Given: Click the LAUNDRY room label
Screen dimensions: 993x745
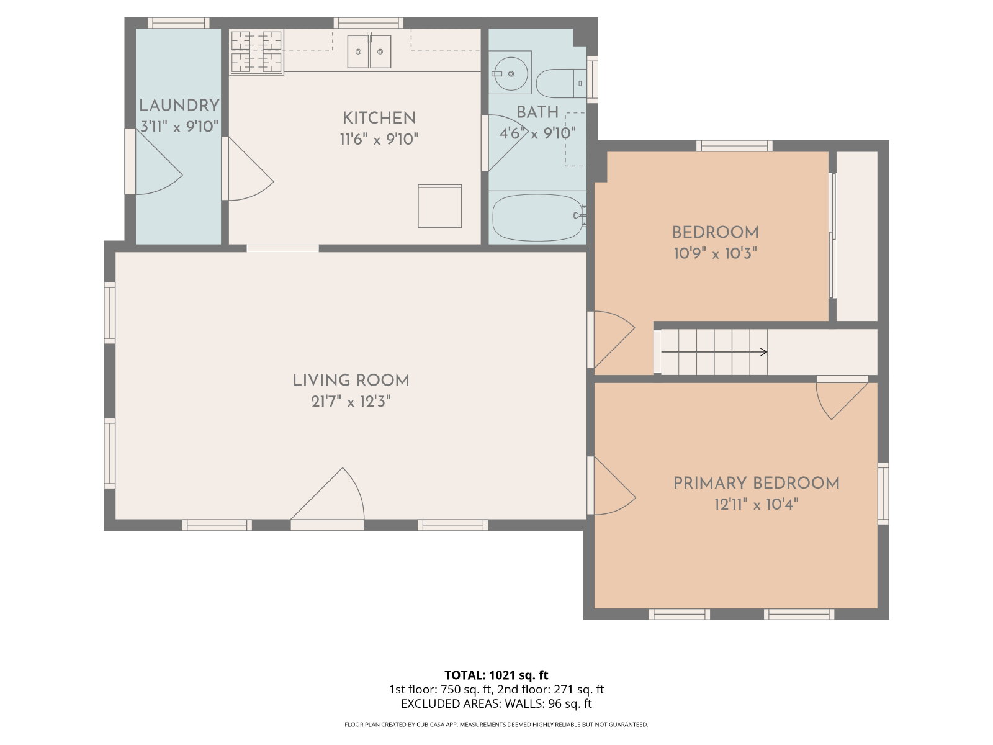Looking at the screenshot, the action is pos(179,106).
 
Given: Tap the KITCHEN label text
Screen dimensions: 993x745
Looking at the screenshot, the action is pos(379,118).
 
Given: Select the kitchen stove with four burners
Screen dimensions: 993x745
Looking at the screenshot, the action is pos(256,52).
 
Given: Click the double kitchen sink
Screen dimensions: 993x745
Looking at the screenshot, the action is pos(369,51).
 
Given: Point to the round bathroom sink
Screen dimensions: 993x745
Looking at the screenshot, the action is pos(510,73).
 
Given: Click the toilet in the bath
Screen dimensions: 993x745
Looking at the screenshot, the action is pos(562,83).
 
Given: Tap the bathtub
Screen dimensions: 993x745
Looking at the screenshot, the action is pos(538,217).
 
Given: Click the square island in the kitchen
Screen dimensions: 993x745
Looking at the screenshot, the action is pos(440,206).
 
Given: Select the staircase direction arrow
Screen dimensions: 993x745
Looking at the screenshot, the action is pos(714,352).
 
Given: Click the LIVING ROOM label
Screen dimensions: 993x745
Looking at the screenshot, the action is pos(351,381).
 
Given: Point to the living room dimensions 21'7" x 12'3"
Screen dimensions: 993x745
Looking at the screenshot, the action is pos(351,401).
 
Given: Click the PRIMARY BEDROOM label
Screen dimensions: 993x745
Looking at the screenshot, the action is pos(757,483).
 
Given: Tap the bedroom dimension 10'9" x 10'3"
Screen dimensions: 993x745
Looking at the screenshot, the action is pos(715,253).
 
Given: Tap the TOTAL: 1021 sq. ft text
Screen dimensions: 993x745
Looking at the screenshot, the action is pos(496,675).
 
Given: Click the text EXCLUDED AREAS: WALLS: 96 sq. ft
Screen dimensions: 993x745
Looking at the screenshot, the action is pos(496,704).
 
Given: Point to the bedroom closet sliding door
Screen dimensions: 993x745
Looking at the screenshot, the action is pos(832,236).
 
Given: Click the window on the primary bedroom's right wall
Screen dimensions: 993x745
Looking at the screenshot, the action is pos(883,493).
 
